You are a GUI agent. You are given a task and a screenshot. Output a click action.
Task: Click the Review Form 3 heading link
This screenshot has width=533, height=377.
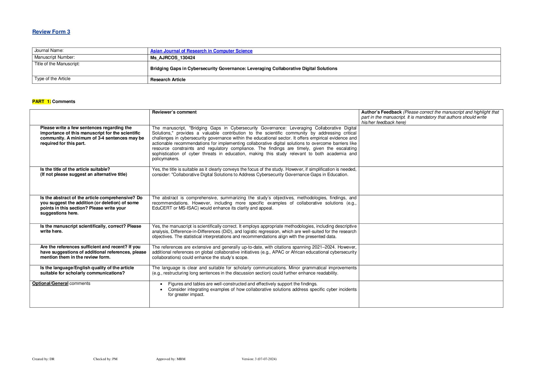(51, 32)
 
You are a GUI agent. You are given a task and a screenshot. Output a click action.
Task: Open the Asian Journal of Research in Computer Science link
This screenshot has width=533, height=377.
(201, 51)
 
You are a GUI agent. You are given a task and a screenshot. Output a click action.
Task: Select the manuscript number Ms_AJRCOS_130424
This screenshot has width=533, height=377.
(172, 58)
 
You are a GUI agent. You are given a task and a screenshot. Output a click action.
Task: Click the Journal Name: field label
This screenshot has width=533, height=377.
(49, 51)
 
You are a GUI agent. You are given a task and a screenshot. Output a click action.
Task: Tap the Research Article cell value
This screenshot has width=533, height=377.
(168, 80)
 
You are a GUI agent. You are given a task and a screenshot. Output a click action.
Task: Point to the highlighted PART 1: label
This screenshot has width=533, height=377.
(42, 101)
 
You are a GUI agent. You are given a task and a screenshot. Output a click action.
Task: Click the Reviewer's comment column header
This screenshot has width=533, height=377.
(174, 112)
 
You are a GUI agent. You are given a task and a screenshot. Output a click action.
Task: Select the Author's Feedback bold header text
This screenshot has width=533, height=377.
(381, 112)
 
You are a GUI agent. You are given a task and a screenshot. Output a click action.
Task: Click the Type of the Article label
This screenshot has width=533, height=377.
(52, 79)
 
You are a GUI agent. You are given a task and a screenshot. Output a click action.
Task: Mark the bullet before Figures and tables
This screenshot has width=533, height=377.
(161, 284)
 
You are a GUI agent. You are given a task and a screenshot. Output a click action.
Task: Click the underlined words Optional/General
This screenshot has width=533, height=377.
(50, 283)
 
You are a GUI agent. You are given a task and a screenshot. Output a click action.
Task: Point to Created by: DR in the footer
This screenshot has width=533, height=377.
(43, 359)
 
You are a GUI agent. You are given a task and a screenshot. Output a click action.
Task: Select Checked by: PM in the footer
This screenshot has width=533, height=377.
(105, 359)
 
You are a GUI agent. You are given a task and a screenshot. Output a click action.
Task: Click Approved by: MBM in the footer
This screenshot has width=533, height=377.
(170, 359)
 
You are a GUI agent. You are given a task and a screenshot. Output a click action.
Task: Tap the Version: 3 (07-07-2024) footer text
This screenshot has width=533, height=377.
(259, 359)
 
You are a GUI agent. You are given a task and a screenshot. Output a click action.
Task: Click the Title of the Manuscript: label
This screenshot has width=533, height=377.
(57, 64)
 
